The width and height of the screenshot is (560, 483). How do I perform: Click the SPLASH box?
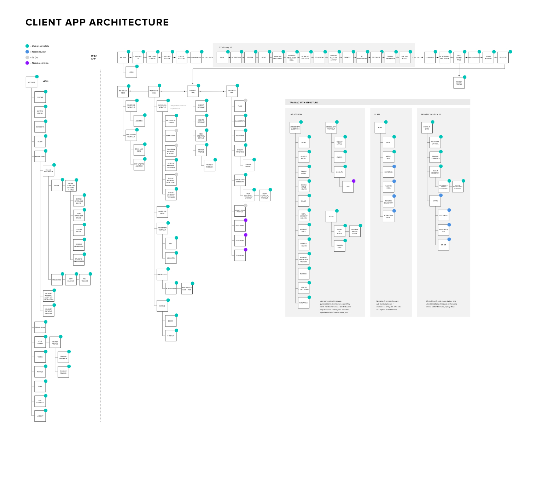[x=123, y=57]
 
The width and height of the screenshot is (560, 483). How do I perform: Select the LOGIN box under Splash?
[x=131, y=72]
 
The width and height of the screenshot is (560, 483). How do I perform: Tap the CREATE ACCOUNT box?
[x=181, y=57]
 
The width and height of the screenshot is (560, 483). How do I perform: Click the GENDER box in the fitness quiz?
[x=250, y=57]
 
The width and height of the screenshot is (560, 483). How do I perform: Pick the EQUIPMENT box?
[x=319, y=57]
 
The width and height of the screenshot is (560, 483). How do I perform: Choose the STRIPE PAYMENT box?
[x=488, y=57]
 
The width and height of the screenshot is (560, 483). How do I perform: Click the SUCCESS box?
[x=503, y=57]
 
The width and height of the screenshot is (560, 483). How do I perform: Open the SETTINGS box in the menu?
[x=31, y=83]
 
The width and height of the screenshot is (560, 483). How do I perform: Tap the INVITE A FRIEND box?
[x=40, y=112]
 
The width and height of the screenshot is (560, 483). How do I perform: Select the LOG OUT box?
[x=40, y=416]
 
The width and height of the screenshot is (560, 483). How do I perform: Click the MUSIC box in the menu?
[x=40, y=142]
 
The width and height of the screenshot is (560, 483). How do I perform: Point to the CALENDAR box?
[x=240, y=136]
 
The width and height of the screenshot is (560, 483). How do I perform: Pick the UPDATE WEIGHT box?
[x=249, y=165]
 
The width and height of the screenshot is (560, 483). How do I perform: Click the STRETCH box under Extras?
[x=171, y=336]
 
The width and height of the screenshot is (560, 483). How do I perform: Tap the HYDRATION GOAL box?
[x=389, y=216]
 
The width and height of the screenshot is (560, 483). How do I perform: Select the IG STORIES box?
[x=443, y=216]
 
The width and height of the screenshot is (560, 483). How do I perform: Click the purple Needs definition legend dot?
[x=27, y=63]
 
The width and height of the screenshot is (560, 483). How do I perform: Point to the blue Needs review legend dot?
[x=27, y=52]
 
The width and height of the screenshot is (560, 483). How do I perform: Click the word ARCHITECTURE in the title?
[x=129, y=22]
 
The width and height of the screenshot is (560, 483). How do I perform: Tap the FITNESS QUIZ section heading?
[x=225, y=47]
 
